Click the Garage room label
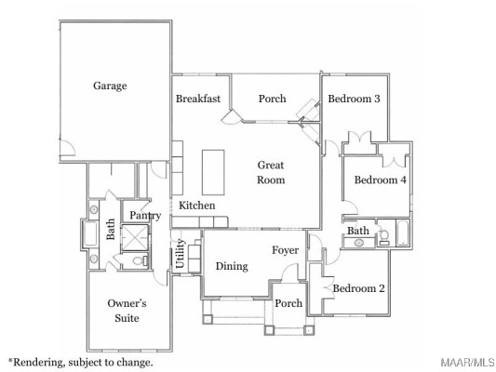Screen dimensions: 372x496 [x=110, y=86]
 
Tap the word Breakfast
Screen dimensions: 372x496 [x=198, y=99]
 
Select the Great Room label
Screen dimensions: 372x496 [x=272, y=172]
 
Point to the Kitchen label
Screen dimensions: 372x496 [x=197, y=206]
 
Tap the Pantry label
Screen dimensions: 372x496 [x=145, y=216]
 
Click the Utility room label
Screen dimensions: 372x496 [x=181, y=254]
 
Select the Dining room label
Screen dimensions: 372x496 [x=232, y=267]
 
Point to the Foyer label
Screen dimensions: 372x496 [x=286, y=250]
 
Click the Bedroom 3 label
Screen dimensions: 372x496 [x=356, y=99]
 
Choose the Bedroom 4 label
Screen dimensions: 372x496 [x=380, y=180]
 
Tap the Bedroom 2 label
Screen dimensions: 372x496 [x=358, y=288]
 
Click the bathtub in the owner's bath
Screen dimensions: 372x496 [x=93, y=232]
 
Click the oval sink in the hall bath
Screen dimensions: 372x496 [x=358, y=243]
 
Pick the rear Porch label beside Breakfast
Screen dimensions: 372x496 [x=272, y=100]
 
